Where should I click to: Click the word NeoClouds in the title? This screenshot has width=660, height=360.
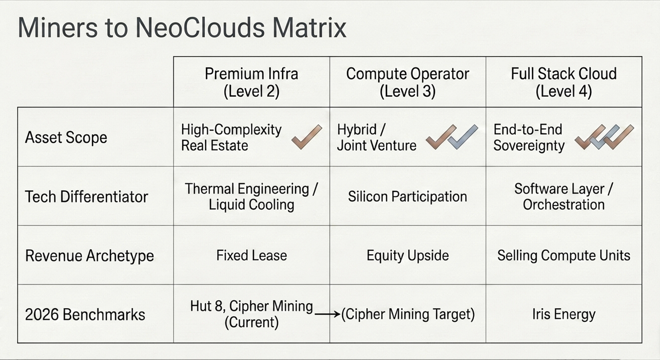[200, 28]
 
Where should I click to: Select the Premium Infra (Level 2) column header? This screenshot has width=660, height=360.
[251, 82]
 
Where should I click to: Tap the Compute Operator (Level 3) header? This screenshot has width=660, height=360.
[408, 82]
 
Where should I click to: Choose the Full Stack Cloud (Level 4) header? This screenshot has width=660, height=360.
[563, 82]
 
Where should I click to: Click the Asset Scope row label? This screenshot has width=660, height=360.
[66, 137]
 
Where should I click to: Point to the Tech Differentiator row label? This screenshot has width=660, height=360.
[86, 196]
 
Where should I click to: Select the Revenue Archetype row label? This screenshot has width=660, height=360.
[89, 255]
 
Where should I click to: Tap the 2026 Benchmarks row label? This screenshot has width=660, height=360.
[85, 314]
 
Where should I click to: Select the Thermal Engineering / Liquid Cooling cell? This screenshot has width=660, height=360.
[251, 196]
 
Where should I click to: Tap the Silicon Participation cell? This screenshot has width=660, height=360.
[408, 196]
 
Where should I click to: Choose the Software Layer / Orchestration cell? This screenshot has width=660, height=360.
[563, 196]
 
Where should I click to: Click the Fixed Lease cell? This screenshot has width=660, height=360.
[251, 255]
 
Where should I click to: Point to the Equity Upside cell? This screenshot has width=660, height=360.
[408, 255]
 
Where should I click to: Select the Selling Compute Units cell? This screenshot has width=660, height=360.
[563, 255]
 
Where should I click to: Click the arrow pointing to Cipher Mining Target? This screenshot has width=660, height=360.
[327, 314]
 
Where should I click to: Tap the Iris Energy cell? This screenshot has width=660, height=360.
[563, 314]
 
